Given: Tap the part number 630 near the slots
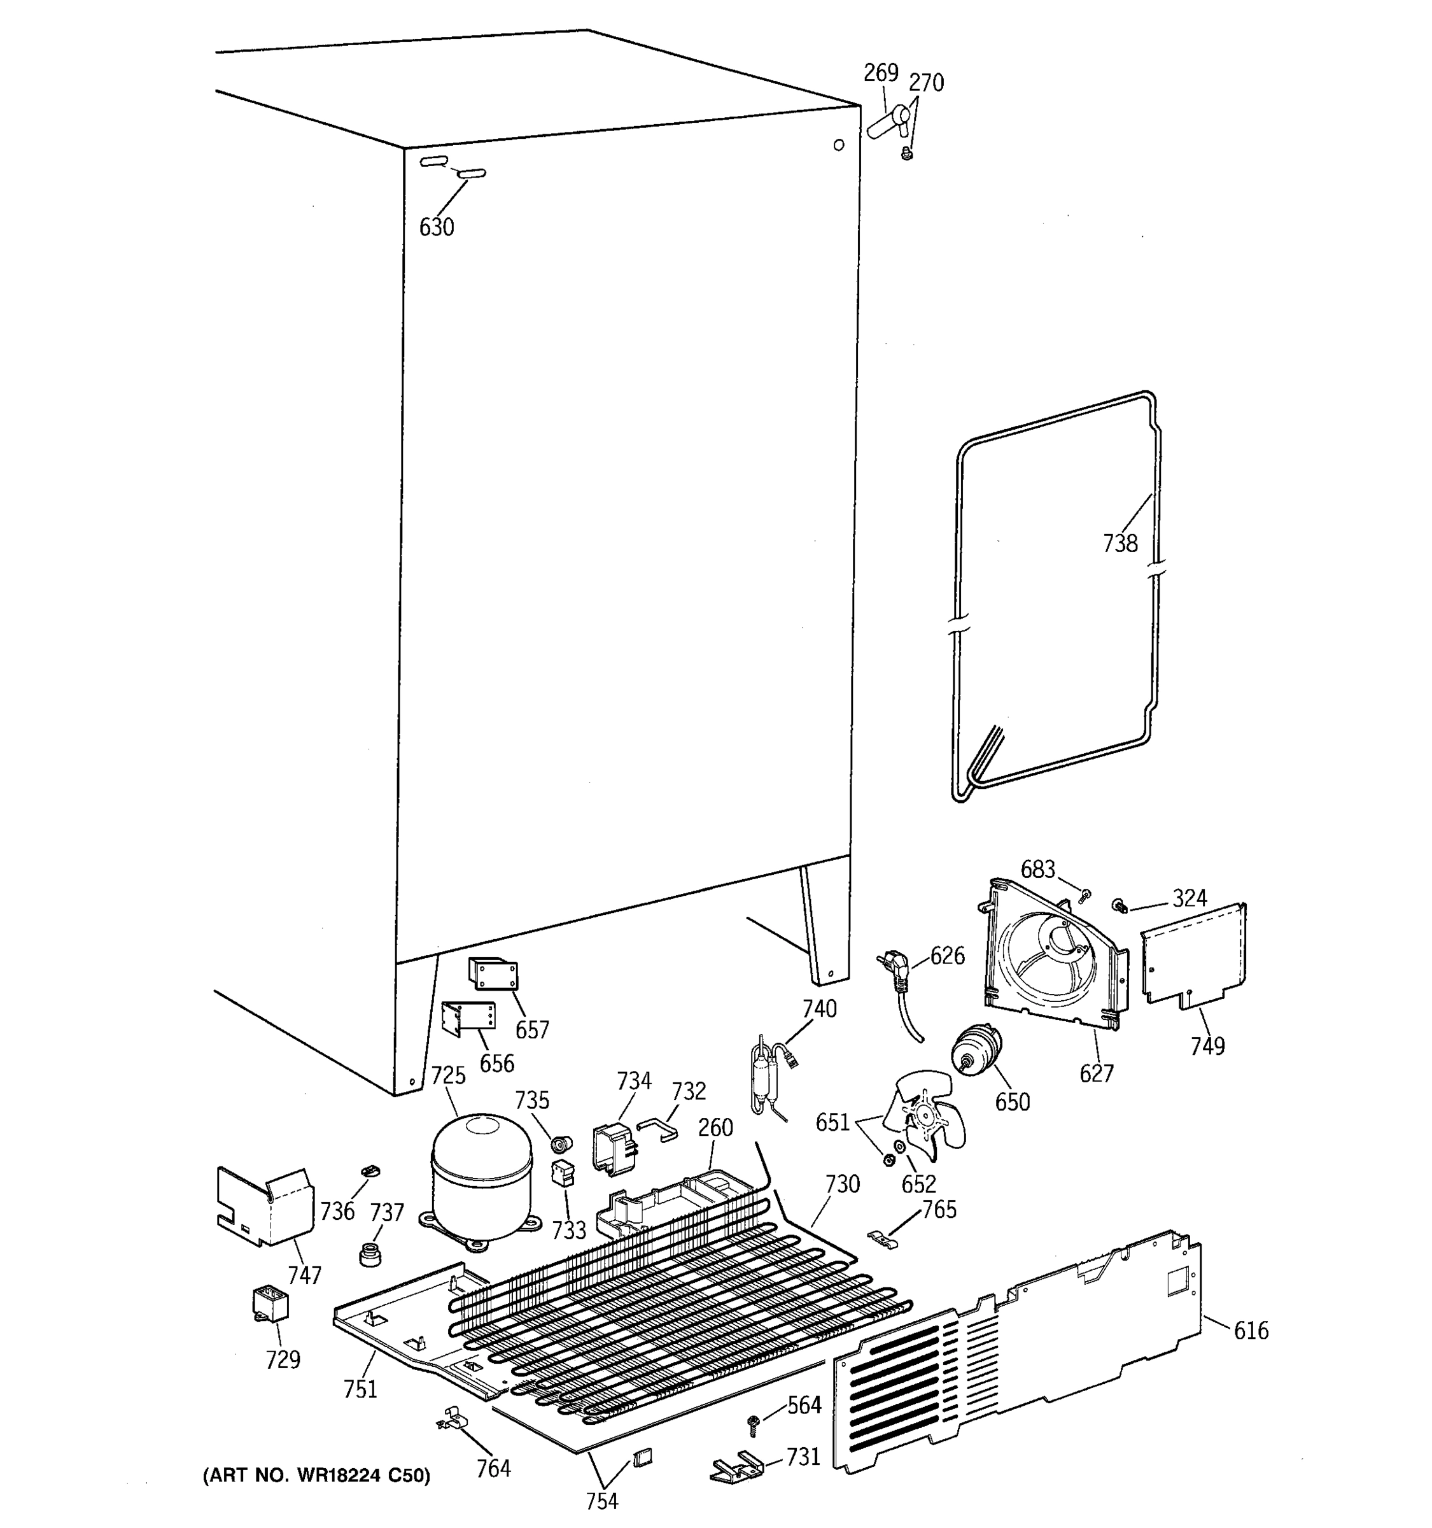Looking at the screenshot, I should click(x=437, y=227).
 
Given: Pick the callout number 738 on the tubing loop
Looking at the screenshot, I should click(x=1120, y=544).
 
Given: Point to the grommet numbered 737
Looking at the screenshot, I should click(x=371, y=1254).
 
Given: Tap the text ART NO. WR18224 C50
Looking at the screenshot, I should click(x=316, y=1475).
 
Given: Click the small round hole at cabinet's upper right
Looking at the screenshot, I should click(x=838, y=145).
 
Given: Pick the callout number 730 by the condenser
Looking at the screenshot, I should click(x=842, y=1184).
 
